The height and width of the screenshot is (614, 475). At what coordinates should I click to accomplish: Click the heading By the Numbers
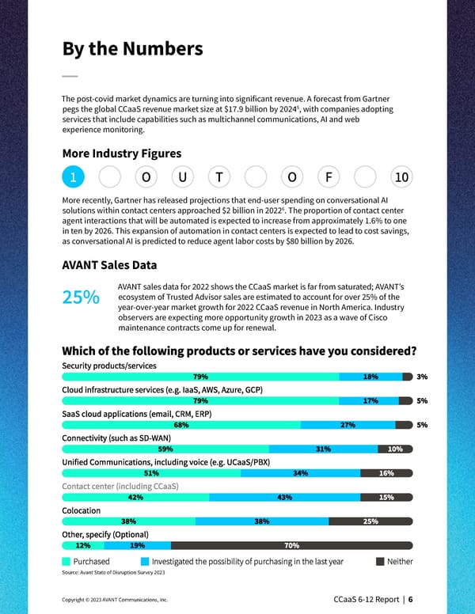pos(132,49)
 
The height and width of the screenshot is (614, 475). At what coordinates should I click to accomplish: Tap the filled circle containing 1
pos(72,177)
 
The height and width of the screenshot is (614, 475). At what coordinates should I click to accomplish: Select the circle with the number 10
pos(401,177)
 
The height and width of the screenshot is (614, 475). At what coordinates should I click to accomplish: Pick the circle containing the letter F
pos(328,177)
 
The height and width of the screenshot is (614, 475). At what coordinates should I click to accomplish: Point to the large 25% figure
pos(81,297)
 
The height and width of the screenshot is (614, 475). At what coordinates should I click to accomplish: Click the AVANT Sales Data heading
pos(108,265)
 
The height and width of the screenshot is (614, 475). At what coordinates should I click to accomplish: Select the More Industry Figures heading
pos(121,153)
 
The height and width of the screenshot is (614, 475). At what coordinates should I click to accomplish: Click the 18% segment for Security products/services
pos(370,377)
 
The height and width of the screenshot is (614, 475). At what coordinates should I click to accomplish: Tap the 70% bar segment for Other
pos(291,545)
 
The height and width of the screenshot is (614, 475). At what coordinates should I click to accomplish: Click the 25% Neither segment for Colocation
pos(370,521)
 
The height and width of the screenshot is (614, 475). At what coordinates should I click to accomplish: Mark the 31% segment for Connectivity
pos(322,449)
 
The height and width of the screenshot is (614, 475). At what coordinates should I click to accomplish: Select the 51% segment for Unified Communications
pos(162,473)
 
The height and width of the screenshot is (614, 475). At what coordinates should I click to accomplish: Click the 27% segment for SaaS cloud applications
pos(347,425)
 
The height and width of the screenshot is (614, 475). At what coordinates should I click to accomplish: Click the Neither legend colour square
pos(380,561)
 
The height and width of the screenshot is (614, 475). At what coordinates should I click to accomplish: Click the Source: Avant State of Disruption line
pos(113,572)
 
